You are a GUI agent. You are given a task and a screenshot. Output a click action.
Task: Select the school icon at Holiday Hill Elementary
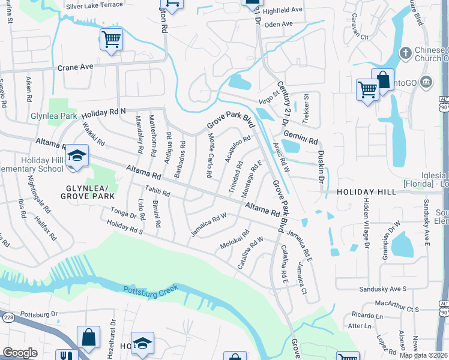77,155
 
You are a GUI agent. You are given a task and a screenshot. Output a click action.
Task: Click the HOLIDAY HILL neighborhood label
366,192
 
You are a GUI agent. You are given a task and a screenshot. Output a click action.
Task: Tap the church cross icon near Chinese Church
405,52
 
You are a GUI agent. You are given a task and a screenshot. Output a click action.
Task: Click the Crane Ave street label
75,68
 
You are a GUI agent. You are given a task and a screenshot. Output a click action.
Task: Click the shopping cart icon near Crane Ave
111,39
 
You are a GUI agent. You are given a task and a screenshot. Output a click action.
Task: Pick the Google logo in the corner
20,353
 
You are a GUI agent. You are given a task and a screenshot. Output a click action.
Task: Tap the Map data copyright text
423,355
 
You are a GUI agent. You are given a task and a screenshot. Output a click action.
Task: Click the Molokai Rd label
235,241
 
